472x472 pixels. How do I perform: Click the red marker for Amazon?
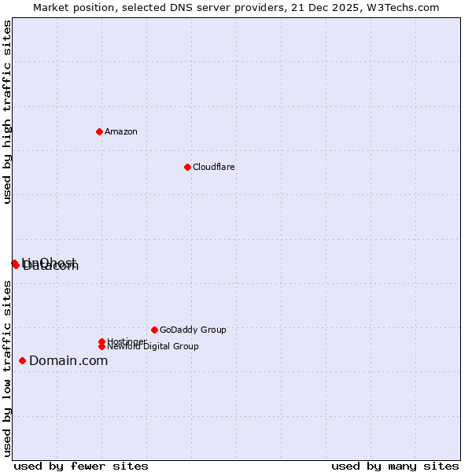99,131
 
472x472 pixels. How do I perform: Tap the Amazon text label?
121,131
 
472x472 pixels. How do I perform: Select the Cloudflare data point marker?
187,167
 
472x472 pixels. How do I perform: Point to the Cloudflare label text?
214,167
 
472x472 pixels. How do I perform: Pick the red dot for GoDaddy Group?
154,330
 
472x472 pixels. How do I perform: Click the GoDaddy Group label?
193,330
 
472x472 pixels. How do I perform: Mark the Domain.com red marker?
22,360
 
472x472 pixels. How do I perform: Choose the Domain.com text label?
68,361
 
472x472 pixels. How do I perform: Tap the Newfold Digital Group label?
153,347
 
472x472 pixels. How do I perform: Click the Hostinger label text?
127,341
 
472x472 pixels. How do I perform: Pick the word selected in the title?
131,7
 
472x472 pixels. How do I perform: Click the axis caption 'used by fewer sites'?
81,466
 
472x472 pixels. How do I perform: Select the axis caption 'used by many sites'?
395,466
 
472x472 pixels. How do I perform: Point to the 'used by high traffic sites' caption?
7,112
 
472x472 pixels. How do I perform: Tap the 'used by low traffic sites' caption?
7,368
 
